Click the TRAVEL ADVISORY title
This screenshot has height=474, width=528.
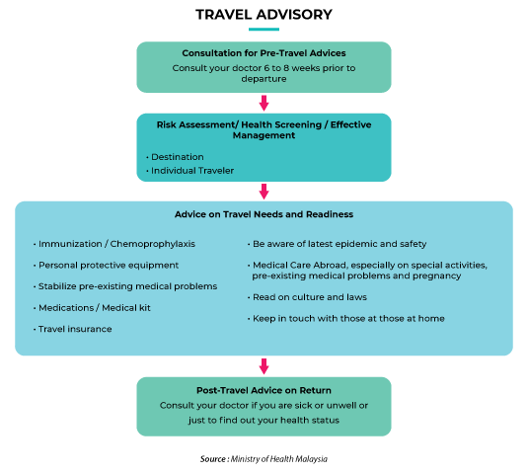(x=264, y=15)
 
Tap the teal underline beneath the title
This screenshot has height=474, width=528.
(x=264, y=30)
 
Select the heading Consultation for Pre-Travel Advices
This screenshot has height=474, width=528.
(x=264, y=53)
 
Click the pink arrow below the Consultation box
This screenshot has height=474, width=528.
(x=264, y=103)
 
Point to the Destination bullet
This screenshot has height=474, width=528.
(x=175, y=157)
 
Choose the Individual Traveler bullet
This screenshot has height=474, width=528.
(x=189, y=171)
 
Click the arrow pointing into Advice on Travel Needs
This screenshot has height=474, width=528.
(x=264, y=192)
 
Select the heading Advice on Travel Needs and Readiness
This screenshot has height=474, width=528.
(x=264, y=214)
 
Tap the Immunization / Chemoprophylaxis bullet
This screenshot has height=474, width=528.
(x=114, y=244)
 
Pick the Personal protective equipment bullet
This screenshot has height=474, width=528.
(x=106, y=265)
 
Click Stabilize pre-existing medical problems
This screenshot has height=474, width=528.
(x=125, y=286)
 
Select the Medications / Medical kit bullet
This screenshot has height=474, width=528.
(x=92, y=307)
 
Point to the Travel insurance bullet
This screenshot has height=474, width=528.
(x=73, y=329)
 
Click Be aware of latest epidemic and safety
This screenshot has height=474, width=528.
(x=338, y=244)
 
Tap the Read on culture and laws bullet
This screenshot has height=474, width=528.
(x=307, y=297)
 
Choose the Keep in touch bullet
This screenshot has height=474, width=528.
(x=346, y=319)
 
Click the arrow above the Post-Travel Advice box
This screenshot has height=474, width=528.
(x=264, y=366)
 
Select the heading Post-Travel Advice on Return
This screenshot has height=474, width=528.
(x=264, y=390)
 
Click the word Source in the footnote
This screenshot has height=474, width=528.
(x=213, y=459)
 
